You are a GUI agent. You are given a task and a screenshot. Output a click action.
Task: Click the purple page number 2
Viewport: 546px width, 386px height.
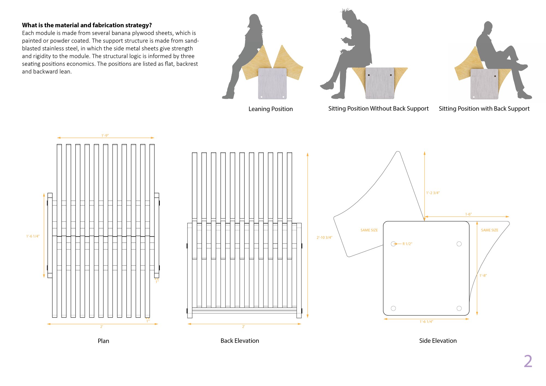(x=528, y=361)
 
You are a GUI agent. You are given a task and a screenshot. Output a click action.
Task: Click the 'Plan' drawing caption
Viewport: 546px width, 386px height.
(x=103, y=341)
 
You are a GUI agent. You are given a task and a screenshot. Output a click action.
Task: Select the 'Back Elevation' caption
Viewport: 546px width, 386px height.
(x=240, y=341)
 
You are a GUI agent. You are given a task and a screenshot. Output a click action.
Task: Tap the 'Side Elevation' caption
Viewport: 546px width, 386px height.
(x=438, y=341)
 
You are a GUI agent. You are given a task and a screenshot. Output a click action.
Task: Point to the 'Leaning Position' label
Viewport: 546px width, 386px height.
(x=271, y=109)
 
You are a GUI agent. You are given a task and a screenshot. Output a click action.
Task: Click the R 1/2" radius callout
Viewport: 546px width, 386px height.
(x=407, y=244)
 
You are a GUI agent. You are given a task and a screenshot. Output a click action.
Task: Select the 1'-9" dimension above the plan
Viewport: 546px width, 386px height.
(x=105, y=135)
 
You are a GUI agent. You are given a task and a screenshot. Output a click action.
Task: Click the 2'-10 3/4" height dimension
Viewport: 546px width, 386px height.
(x=324, y=237)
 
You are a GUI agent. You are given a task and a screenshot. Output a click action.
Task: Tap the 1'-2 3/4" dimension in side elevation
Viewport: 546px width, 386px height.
(x=433, y=193)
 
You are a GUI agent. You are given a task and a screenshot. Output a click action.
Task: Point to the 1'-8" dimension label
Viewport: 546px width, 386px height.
(x=483, y=275)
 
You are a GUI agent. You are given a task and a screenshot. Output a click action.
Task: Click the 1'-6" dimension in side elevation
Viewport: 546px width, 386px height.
(x=468, y=214)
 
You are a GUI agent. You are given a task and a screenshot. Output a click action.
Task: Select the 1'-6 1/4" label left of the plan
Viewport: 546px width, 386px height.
(x=33, y=236)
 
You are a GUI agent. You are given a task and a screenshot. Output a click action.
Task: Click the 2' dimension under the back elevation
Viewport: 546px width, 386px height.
(x=244, y=326)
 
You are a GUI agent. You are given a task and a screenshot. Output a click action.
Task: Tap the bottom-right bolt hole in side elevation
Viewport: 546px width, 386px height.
(x=459, y=308)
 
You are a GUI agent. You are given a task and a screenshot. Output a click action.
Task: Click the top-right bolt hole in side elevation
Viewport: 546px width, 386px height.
(x=459, y=244)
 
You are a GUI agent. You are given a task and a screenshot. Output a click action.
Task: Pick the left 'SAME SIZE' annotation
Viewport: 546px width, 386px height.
(x=369, y=230)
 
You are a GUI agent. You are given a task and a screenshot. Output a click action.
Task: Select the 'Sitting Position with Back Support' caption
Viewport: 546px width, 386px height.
(x=484, y=109)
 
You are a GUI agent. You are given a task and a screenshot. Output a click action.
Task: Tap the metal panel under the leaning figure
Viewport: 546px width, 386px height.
(x=272, y=84)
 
